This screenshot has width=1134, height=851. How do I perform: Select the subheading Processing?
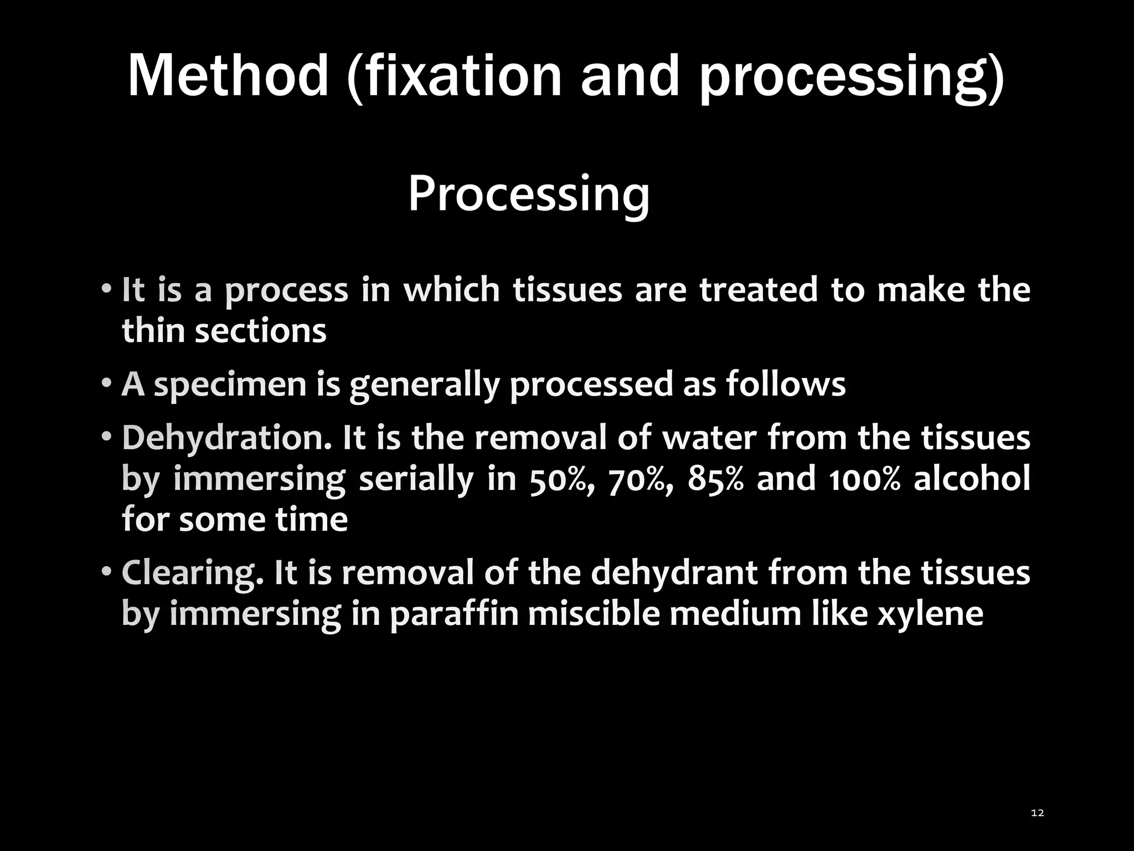(529, 194)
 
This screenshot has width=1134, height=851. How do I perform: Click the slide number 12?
(1038, 813)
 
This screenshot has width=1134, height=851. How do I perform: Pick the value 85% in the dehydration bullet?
(715, 479)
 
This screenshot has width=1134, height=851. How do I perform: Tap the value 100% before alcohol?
(864, 479)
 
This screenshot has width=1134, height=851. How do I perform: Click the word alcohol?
(972, 479)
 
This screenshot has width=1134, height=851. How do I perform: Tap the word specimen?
(230, 385)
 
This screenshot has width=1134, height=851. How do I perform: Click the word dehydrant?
(673, 573)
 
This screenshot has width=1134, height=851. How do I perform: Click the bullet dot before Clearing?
(106, 571)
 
